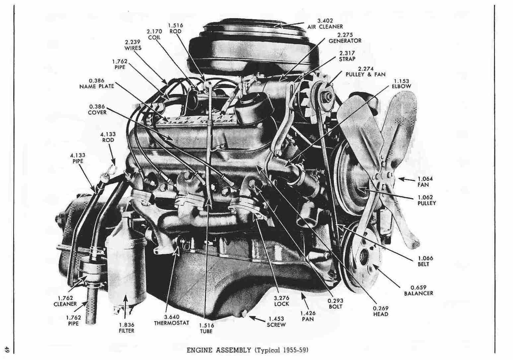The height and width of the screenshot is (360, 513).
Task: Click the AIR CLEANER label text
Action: [x=325, y=27]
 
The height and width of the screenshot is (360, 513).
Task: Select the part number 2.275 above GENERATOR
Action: [x=345, y=35]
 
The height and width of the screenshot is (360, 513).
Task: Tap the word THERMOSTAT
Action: [x=172, y=323]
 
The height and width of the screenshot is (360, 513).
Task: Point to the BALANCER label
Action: [x=418, y=293]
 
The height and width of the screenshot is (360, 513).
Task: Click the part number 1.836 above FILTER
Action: [x=126, y=325]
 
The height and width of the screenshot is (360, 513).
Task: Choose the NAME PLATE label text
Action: [x=97, y=86]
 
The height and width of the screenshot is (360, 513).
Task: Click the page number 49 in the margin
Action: [x=7, y=350]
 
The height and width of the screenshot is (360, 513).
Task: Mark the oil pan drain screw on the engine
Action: [x=244, y=314]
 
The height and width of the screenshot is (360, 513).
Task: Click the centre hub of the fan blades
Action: [x=382, y=177]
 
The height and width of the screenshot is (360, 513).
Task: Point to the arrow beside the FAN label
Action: [x=407, y=180]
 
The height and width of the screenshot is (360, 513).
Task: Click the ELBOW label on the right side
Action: [x=402, y=86]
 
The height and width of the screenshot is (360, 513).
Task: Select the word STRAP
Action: [x=347, y=59]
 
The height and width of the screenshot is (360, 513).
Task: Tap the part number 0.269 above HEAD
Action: [x=381, y=308]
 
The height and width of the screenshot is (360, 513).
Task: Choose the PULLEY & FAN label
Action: [x=366, y=74]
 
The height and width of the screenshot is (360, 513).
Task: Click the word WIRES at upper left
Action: [x=133, y=48]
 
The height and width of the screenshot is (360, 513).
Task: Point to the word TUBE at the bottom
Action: [x=206, y=331]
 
